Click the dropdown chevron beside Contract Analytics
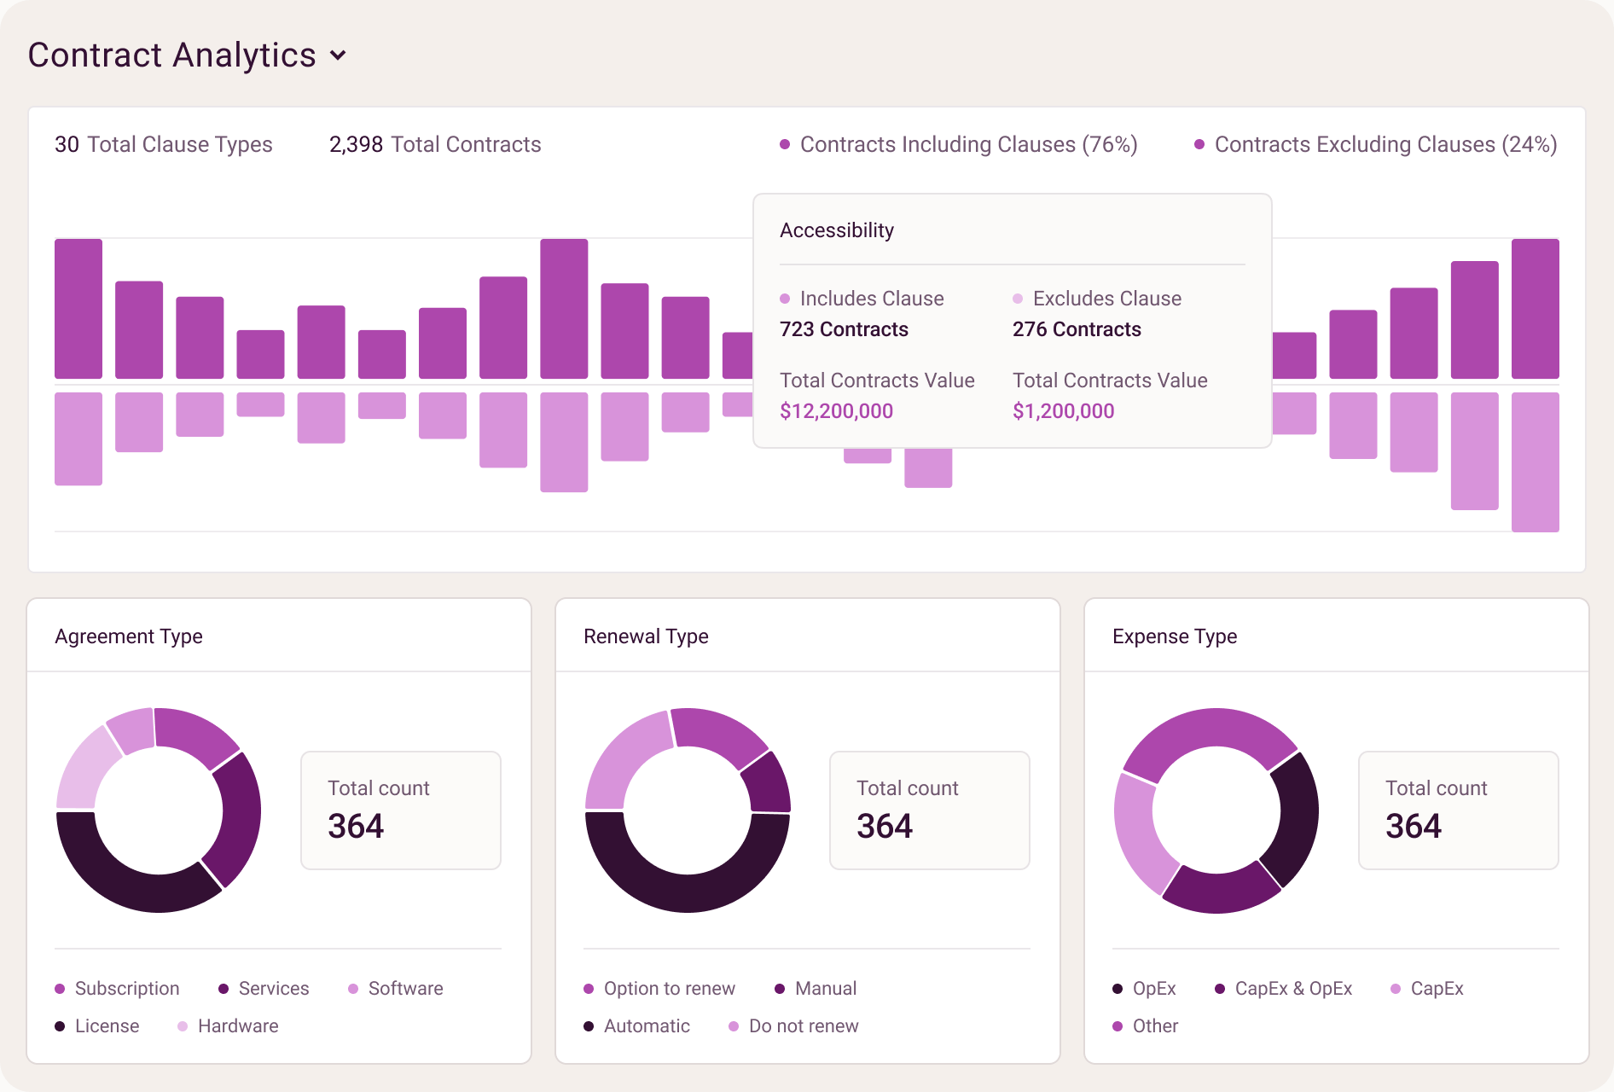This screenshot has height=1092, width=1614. point(339,55)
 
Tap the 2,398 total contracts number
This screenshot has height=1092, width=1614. point(356,144)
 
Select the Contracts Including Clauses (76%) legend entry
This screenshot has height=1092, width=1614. point(959,144)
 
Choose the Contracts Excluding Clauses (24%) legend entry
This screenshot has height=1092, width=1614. point(1375,144)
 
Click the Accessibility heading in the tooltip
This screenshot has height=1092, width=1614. point(837,230)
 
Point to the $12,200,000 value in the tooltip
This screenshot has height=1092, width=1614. point(836,411)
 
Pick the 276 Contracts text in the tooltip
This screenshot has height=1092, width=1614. point(1077,329)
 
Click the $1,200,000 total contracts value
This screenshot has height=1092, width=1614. point(1063,411)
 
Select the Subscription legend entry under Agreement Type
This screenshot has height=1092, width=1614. point(118,989)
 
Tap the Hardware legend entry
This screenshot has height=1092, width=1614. point(229,1026)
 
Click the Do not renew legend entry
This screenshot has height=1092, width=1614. point(794,1026)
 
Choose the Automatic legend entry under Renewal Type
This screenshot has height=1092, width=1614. point(637,1026)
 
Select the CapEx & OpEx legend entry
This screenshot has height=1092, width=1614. point(1284,989)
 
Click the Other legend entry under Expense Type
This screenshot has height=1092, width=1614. point(1146,1026)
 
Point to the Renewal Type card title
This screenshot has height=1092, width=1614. point(646,636)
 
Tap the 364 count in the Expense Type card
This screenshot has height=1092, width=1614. point(1414,826)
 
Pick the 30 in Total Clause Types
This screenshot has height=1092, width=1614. point(67,144)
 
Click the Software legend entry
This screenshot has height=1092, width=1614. point(396,989)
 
